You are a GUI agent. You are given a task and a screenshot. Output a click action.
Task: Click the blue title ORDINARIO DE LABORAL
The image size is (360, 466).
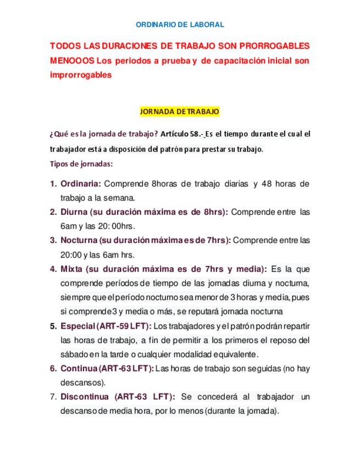180,25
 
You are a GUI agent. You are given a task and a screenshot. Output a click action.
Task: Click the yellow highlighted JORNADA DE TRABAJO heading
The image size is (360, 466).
180,112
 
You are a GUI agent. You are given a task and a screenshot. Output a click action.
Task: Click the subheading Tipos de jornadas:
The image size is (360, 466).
81,164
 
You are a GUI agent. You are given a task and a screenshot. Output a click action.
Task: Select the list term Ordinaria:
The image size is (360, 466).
81,183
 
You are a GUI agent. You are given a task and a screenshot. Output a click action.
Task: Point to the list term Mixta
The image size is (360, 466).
71,269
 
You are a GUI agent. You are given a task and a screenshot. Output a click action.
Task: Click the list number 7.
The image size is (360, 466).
53,397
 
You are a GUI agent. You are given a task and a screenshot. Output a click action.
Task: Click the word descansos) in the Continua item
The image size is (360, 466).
83,382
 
